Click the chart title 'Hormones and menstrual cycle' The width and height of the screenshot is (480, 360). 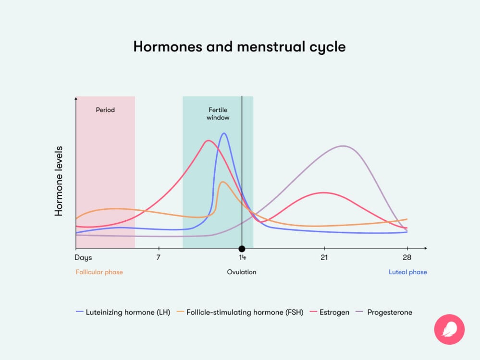click(239, 47)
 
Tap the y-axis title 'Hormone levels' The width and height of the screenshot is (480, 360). click(59, 181)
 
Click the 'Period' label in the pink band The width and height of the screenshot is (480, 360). click(105, 110)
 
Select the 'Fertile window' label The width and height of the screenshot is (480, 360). click(218, 114)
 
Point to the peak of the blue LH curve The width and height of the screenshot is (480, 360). click(223, 133)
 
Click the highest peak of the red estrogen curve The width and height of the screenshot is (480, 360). click(208, 141)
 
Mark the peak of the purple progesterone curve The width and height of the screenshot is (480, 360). click(343, 146)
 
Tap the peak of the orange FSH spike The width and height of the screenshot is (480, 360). click(222, 182)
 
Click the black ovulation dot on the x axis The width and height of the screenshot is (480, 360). click(242, 249)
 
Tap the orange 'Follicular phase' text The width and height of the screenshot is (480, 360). click(99, 272)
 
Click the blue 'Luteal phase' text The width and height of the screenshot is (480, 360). click(407, 272)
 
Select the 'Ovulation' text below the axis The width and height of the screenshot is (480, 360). click(242, 272)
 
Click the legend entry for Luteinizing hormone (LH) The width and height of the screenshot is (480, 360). click(123, 312)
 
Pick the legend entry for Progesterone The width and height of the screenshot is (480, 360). click(383, 312)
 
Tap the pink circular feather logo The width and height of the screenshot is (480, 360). click(449, 329)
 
